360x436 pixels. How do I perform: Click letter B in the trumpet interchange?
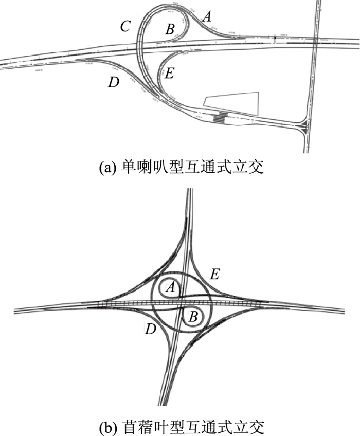pos(170,29)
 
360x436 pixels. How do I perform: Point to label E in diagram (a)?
pos(169,74)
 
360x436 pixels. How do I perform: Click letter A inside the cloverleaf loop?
pos(171,290)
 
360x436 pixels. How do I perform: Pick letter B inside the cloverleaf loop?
pos(193,317)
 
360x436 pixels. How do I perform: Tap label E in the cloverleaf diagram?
pos(215,274)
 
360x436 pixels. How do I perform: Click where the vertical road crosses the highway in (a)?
pos(312,42)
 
